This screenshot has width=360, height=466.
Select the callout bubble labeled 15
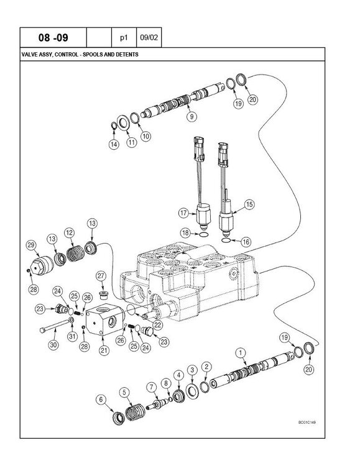pos(249,204)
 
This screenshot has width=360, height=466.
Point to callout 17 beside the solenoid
pos(183,213)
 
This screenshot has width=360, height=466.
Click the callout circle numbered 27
pos(101,276)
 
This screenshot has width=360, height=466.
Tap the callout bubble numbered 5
pos(126,391)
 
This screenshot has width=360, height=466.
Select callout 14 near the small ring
pos(113,144)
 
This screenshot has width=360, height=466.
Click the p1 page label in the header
pos(123,38)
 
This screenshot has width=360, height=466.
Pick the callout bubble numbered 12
pos(70,232)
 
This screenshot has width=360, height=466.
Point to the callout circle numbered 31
pos(71,337)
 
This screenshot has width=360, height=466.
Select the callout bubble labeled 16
pos(246,241)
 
